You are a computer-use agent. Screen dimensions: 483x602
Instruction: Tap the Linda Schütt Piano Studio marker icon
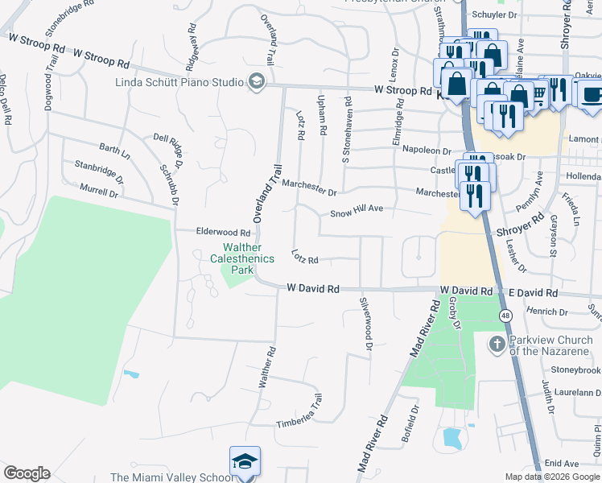pos(257,81)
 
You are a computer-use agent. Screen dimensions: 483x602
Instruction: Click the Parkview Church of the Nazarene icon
pos(497,344)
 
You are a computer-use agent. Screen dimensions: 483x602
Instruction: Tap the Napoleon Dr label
pos(427,151)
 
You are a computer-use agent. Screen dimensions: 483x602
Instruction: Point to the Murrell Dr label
pos(99,191)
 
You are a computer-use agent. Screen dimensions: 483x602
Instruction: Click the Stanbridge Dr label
pos(99,171)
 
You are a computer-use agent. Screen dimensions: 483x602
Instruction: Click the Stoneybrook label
pos(576,370)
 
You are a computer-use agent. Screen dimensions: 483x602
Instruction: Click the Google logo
pos(27,473)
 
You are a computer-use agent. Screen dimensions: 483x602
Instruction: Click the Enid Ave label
pos(561,464)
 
